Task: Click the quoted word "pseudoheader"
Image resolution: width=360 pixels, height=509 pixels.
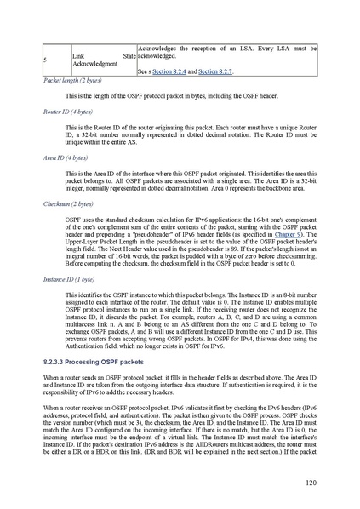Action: point(146,232)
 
